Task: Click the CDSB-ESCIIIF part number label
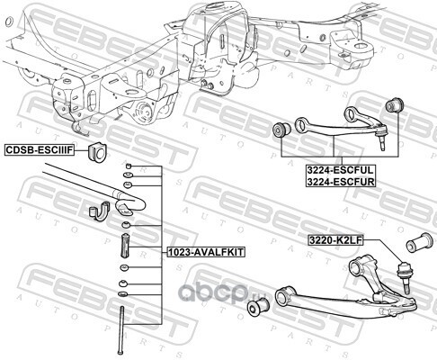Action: click(x=40, y=149)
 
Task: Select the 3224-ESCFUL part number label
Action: click(x=340, y=170)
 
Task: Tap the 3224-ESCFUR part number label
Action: click(x=340, y=181)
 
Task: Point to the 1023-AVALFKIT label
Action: click(x=206, y=252)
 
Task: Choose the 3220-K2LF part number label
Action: click(x=335, y=240)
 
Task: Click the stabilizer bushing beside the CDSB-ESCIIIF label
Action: click(x=97, y=152)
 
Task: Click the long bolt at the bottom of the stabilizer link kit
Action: click(x=121, y=330)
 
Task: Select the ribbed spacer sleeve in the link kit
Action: click(x=124, y=246)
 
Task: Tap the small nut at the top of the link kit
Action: click(x=129, y=166)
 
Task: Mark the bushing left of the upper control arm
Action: click(x=281, y=130)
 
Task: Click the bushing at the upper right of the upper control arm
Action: click(x=394, y=105)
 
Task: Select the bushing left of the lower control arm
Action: click(x=258, y=307)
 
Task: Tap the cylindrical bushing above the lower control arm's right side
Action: click(x=419, y=243)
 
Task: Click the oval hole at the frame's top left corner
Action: click(x=9, y=22)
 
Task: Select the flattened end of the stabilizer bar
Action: click(x=129, y=205)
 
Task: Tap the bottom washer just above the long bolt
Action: click(x=123, y=293)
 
